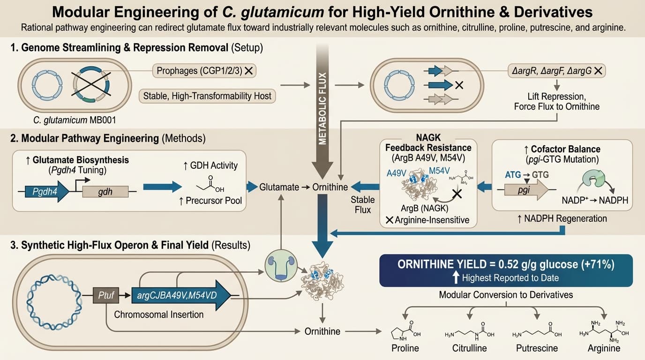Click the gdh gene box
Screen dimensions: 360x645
click(x=105, y=192)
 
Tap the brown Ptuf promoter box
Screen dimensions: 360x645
click(x=106, y=296)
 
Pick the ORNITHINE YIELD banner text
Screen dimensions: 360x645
click(x=506, y=264)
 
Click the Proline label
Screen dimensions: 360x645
click(x=405, y=348)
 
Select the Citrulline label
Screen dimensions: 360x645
click(x=469, y=348)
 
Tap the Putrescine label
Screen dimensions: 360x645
click(x=537, y=348)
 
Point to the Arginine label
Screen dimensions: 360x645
click(x=604, y=348)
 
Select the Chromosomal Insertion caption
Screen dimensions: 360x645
click(x=159, y=315)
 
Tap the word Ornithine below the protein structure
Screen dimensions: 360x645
click(x=322, y=331)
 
